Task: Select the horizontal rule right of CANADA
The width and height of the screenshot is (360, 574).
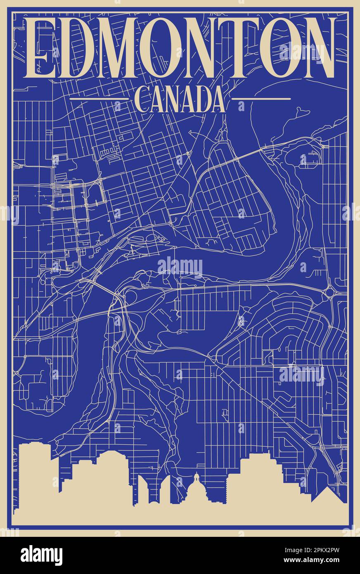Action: point(261,99)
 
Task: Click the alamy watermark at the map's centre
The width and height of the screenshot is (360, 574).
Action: point(180,266)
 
